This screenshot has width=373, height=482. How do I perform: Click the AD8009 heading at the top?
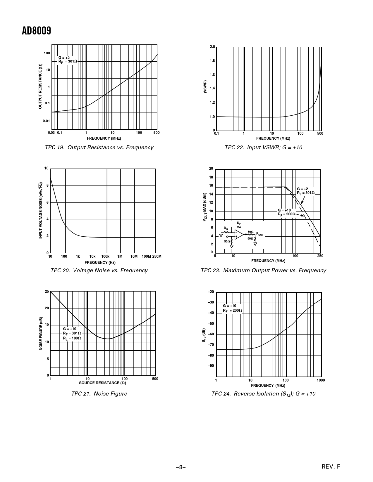[37, 31]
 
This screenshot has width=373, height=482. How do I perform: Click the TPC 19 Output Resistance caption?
[99, 148]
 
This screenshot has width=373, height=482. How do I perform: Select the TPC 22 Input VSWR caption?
[263, 148]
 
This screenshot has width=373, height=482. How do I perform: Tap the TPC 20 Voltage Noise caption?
[99, 271]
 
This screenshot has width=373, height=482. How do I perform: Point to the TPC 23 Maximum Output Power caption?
[263, 271]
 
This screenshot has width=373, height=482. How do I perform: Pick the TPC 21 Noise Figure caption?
[99, 394]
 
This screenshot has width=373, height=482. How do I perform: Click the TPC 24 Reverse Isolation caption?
[263, 394]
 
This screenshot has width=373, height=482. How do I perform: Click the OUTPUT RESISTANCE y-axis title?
[40, 86]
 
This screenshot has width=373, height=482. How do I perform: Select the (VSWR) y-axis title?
[205, 87]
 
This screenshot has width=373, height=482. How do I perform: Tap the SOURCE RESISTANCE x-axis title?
[102, 383]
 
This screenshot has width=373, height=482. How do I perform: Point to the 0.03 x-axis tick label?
[51, 133]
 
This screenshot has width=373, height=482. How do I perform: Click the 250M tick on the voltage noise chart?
[157, 256]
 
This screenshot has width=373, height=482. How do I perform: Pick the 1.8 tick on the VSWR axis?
[212, 61]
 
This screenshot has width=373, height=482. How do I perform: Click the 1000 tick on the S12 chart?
[321, 380]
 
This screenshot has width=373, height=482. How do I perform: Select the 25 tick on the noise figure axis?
[47, 292]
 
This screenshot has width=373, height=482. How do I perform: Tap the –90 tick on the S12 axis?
[211, 366]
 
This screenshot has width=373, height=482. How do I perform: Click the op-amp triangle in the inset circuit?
[239, 234]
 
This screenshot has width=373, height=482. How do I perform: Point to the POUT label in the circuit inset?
[260, 234]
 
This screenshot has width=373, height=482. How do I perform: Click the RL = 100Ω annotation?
[72, 338]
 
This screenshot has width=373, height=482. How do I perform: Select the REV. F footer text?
[331, 467]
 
